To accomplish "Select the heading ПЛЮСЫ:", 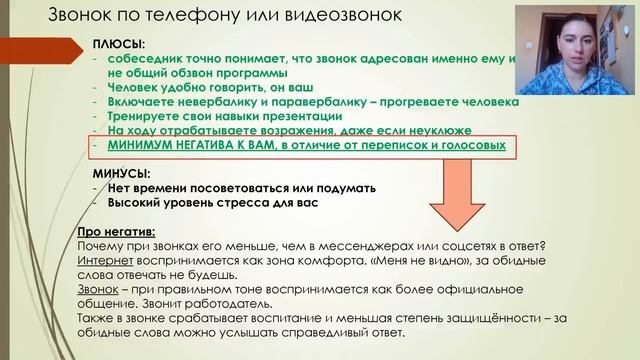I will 118,45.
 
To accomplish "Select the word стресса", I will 248,203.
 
